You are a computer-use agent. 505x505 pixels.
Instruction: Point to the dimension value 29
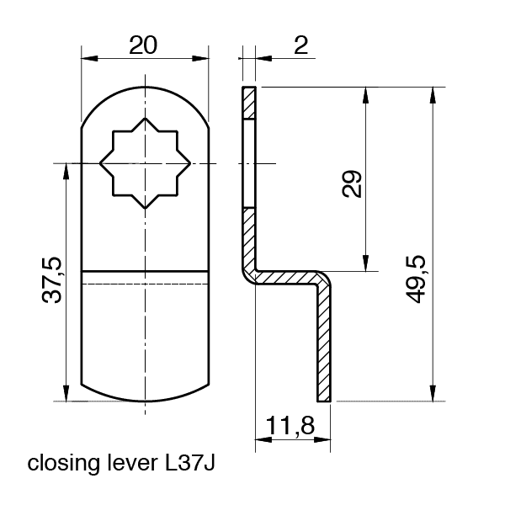tap(353, 183)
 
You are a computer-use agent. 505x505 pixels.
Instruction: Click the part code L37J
tap(189, 463)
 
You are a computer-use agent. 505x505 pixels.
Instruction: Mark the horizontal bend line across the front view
tap(145, 272)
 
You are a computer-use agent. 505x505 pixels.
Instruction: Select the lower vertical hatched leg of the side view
tap(326, 345)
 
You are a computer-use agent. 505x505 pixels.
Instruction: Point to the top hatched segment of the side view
tap(247, 104)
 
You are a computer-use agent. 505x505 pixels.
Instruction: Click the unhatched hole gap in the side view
tap(247, 163)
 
